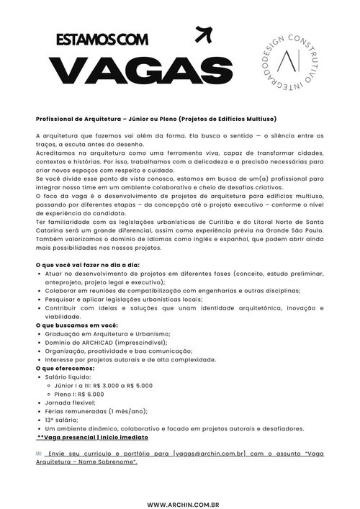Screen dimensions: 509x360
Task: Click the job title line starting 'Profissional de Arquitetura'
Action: [x=156, y=118]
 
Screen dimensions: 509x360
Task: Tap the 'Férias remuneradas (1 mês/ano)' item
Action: [x=90, y=411]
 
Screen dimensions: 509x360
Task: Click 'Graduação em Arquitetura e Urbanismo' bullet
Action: [x=107, y=334]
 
